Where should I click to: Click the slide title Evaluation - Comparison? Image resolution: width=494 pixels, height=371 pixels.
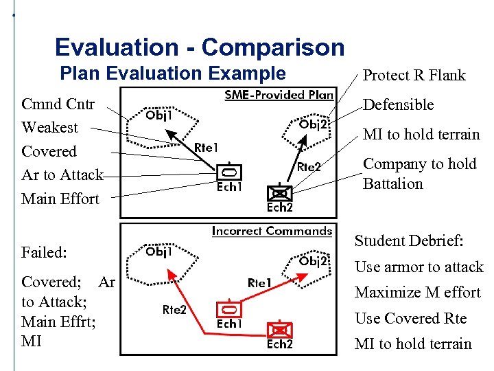200,47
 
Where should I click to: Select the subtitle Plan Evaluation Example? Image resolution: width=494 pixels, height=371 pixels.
173,73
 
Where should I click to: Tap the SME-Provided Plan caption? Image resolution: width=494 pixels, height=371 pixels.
279,95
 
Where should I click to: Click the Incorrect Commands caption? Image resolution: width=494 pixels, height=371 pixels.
272,232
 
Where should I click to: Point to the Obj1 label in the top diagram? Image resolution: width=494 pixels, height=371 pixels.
158,115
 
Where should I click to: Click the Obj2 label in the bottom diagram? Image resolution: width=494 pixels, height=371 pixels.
314,261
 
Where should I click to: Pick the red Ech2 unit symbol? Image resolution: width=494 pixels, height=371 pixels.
279,330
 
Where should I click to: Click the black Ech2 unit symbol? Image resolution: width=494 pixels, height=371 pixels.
279,193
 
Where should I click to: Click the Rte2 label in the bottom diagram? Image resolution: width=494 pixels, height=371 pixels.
174,310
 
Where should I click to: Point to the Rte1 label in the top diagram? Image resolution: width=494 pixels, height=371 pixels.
206,147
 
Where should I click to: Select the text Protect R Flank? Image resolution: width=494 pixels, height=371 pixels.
414,76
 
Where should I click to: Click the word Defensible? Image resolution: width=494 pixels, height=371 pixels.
398,105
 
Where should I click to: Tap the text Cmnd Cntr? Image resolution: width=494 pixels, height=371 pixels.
58,104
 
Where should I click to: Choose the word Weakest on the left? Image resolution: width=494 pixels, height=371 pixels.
49,128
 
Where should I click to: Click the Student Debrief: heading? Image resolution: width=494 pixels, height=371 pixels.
409,241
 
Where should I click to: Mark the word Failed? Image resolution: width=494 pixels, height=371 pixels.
44,253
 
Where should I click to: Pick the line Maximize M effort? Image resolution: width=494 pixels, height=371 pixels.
417,293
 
